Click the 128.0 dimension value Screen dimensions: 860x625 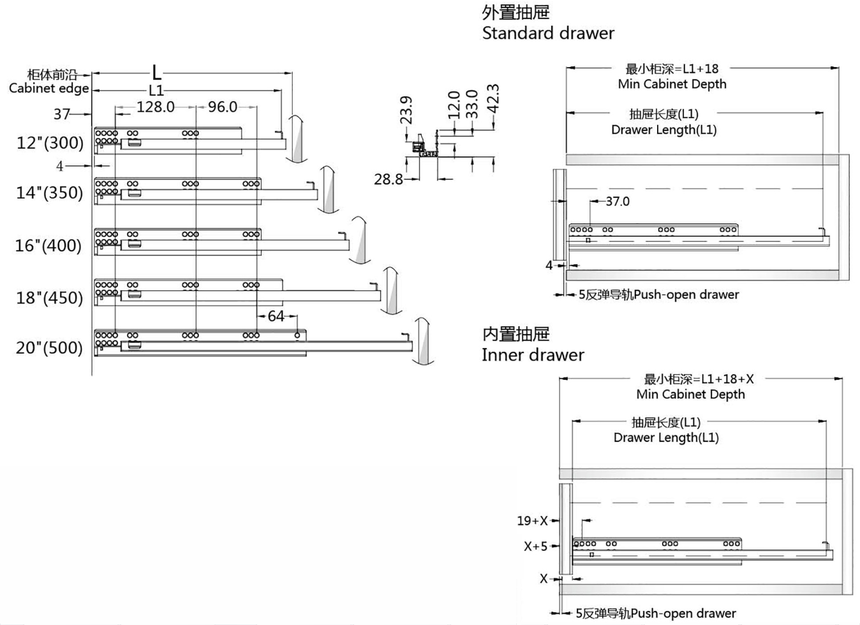[156, 107]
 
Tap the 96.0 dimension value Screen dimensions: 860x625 [223, 107]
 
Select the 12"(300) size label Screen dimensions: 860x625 [50, 142]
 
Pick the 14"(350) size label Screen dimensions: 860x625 [50, 192]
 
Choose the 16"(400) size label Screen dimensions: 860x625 [48, 245]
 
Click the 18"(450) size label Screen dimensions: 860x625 [50, 297]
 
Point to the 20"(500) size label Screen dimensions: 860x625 [50, 348]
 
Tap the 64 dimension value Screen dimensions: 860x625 [276, 316]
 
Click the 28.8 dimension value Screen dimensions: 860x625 [388, 179]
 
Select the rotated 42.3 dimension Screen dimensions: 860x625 [493, 98]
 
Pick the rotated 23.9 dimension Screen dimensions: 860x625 [406, 110]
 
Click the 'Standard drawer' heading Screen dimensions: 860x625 [548, 33]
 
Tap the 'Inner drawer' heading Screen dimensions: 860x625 [533, 354]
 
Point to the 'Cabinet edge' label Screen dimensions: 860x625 [49, 88]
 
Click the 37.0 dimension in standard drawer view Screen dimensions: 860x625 [618, 201]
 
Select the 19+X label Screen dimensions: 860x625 [532, 520]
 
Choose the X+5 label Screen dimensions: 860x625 [535, 546]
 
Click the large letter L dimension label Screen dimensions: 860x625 [156, 72]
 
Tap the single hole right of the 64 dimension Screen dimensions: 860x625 [297, 335]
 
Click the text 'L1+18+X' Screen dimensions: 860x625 [727, 379]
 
